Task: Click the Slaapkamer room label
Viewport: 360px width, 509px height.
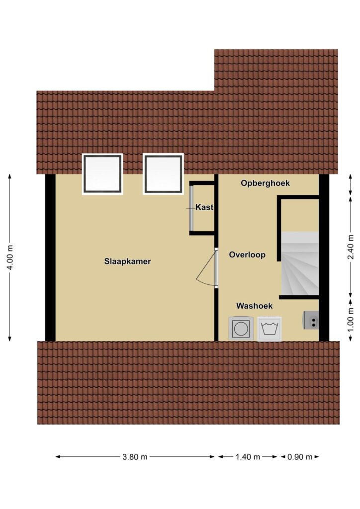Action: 127,261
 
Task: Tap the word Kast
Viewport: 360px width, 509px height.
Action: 204,207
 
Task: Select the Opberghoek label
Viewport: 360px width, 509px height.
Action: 265,183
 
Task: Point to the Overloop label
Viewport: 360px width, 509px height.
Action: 247,255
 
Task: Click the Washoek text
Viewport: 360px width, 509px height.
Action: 254,306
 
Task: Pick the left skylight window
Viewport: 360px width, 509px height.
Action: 102,174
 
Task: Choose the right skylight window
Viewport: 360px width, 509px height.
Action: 163,174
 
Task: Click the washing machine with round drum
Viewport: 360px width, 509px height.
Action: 241,329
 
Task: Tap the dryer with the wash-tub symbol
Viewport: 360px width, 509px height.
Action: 270,329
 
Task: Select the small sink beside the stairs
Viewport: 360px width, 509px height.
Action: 311,320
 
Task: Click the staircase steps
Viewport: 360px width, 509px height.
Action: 300,263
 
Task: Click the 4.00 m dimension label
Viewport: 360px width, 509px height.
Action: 10,257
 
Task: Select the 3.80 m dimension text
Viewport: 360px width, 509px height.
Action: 135,457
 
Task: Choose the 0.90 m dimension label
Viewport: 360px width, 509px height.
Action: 300,457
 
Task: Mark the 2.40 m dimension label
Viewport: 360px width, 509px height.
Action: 351,248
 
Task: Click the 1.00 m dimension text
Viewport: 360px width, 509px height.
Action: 351,320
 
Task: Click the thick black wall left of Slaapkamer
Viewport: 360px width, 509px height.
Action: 50,257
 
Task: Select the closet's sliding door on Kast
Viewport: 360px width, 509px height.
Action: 191,208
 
